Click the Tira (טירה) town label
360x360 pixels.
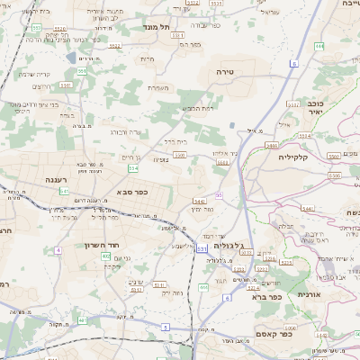[225, 68]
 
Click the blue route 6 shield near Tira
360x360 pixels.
[293, 64]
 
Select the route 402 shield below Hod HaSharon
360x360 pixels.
[105, 257]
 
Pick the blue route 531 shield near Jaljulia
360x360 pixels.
[202, 247]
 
